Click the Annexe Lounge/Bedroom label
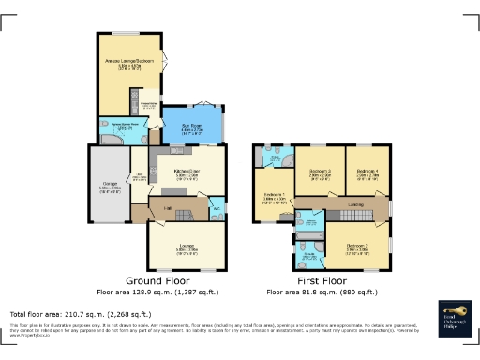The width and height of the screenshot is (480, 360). pos(130,63)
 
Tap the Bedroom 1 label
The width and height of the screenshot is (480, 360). pos(274,198)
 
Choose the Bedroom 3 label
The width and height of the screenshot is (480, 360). pos(320,172)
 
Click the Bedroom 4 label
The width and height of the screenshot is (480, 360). pos(367,172)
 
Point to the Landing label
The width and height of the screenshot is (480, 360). pos(356,203)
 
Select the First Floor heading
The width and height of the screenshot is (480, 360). pos(321,280)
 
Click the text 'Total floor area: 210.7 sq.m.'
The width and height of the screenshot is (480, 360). pos(80,313)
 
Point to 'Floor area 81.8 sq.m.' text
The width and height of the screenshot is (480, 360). pos(321,292)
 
